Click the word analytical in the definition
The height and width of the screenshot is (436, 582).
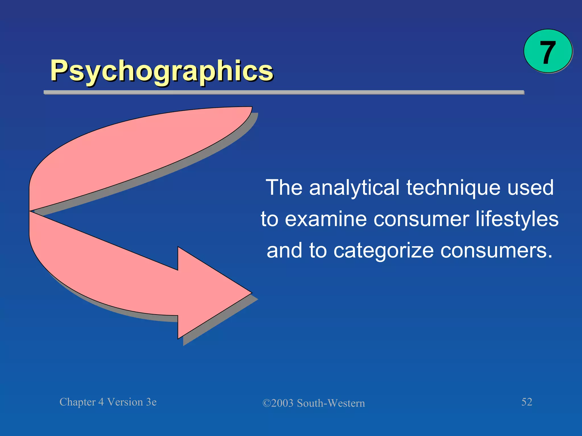tap(354, 188)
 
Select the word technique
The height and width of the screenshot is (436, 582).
tap(454, 188)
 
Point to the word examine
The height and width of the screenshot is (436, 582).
tap(325, 220)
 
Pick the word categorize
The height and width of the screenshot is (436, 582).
tap(383, 251)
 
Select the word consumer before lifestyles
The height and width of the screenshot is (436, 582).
tap(421, 220)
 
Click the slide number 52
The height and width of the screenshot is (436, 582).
tap(527, 402)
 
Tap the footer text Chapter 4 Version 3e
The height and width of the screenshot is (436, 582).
tap(108, 402)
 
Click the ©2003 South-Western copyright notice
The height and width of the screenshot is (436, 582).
tap(313, 403)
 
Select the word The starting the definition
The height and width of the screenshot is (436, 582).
tap(284, 188)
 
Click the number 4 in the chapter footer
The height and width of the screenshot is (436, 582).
tap(101, 402)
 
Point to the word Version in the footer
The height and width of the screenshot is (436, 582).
tap(125, 402)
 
